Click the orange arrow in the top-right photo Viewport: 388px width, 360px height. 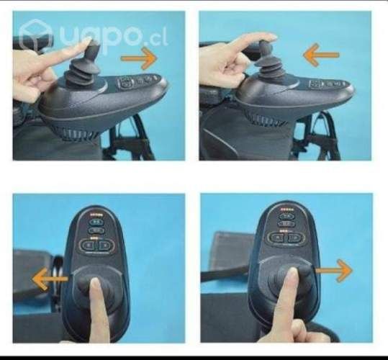320,54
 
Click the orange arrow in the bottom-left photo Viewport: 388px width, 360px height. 50,278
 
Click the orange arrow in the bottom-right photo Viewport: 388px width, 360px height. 334,271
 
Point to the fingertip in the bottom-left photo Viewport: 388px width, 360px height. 95,282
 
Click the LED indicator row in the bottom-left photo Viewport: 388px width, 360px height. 96,215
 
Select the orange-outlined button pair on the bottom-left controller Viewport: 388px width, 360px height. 96,245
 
